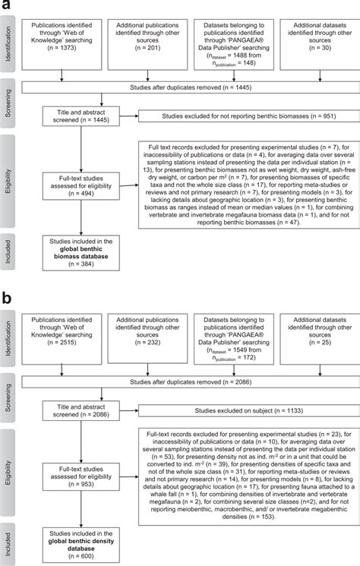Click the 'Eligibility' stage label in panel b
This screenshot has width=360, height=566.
(x=10, y=470)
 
